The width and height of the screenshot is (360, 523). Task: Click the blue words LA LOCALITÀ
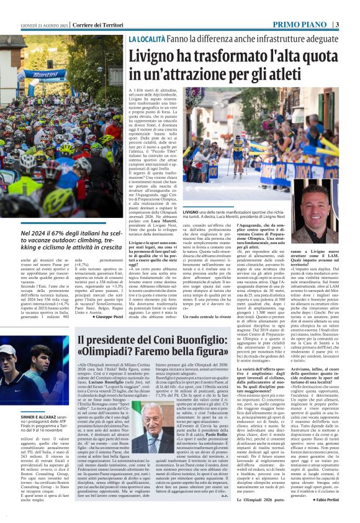[x=147, y=39]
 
